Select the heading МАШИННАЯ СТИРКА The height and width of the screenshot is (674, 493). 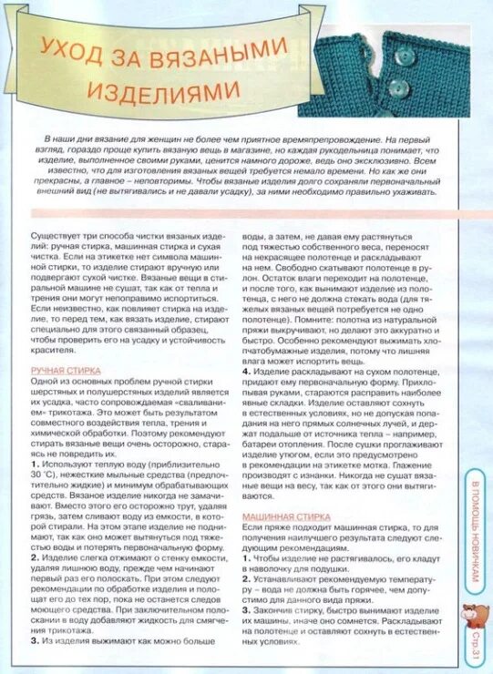tap(279, 516)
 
